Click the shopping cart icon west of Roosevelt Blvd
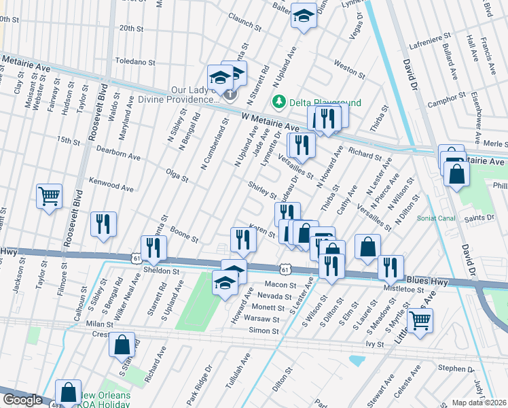[x=49, y=197]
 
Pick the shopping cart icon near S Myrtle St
[x=420, y=319]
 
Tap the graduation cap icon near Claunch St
[x=304, y=16]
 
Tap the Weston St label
[x=350, y=69]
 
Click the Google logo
[x=22, y=400]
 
